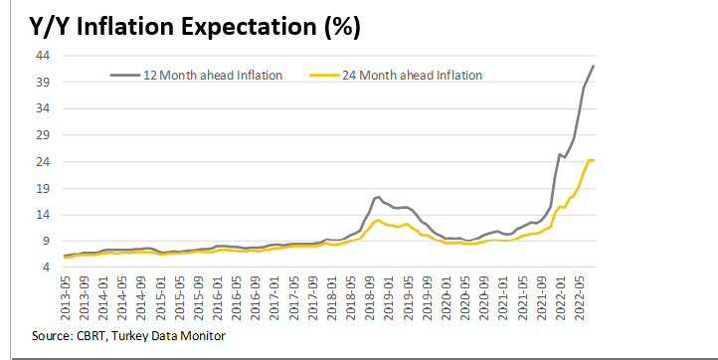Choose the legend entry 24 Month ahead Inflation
(411, 75)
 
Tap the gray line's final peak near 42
(594, 66)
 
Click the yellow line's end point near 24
(594, 160)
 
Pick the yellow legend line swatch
(323, 75)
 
